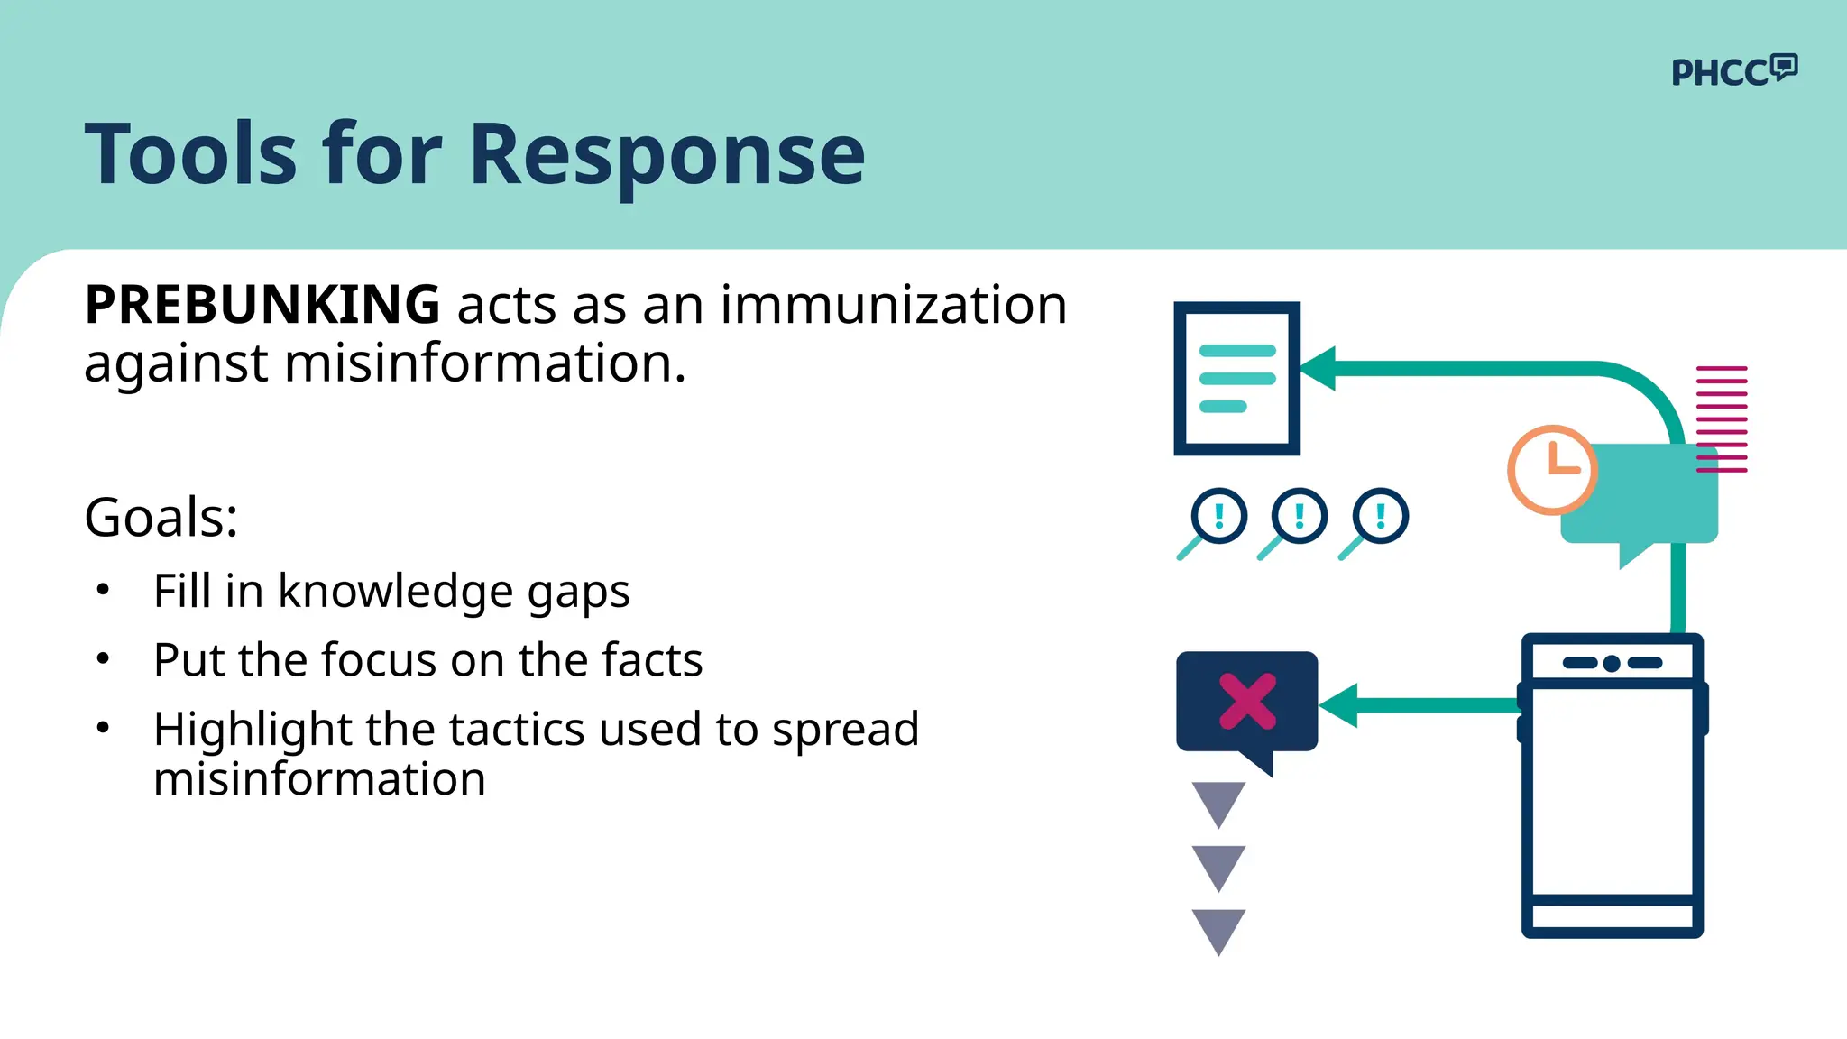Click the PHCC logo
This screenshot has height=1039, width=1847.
pos(1733,70)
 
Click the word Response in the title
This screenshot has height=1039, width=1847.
pos(666,155)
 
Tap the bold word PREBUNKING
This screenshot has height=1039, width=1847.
pos(262,305)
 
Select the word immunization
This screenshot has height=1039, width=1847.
pos(893,305)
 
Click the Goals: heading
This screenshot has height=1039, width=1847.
pos(161,518)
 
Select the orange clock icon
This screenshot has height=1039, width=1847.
pos(1551,470)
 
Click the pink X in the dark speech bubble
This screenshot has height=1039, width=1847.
pos(1247,701)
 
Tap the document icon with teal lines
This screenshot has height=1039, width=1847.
pos(1236,379)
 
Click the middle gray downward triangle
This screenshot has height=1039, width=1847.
pos(1218,866)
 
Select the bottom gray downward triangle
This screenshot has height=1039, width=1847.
pos(1218,930)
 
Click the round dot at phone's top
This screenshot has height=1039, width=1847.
pos(1612,664)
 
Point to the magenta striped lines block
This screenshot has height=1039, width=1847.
pos(1722,419)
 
